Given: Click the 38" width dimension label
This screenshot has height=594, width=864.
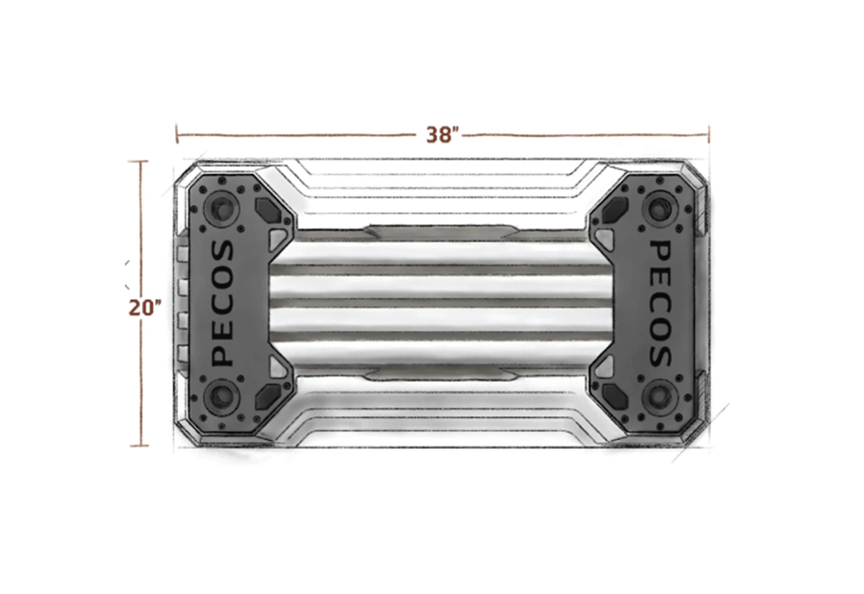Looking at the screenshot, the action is coord(439,135).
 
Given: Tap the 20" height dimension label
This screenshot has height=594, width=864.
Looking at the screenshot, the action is coord(144,308).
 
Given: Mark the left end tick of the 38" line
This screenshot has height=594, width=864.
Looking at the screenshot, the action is coord(177,134).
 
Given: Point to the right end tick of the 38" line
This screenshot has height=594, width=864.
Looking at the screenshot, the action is coord(708,134).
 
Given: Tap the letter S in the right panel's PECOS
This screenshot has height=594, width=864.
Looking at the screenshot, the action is coord(660,355).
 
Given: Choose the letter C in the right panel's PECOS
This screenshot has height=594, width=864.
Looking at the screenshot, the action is coord(660,303).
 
